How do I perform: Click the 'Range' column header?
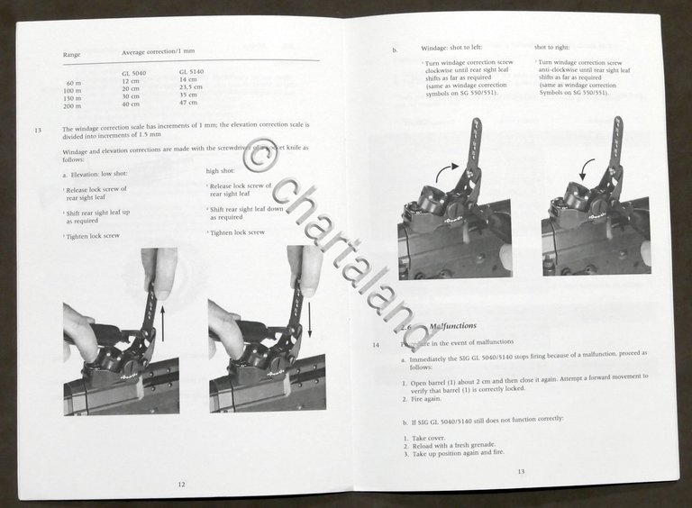pyautogui.click(x=71, y=55)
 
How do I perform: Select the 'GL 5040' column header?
pyautogui.click(x=135, y=72)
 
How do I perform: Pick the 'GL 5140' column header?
pyautogui.click(x=193, y=71)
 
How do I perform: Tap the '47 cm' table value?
pyautogui.click(x=189, y=103)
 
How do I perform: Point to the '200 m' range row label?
pyautogui.click(x=73, y=106)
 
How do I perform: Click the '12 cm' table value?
pyautogui.click(x=131, y=81)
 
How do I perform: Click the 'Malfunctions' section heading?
pyautogui.click(x=456, y=325)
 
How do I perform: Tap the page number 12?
pyautogui.click(x=182, y=484)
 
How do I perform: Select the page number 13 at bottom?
pyautogui.click(x=520, y=472)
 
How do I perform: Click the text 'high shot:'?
pyautogui.click(x=221, y=170)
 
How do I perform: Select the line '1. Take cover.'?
pyautogui.click(x=425, y=437)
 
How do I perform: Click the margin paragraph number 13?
pyautogui.click(x=38, y=131)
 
